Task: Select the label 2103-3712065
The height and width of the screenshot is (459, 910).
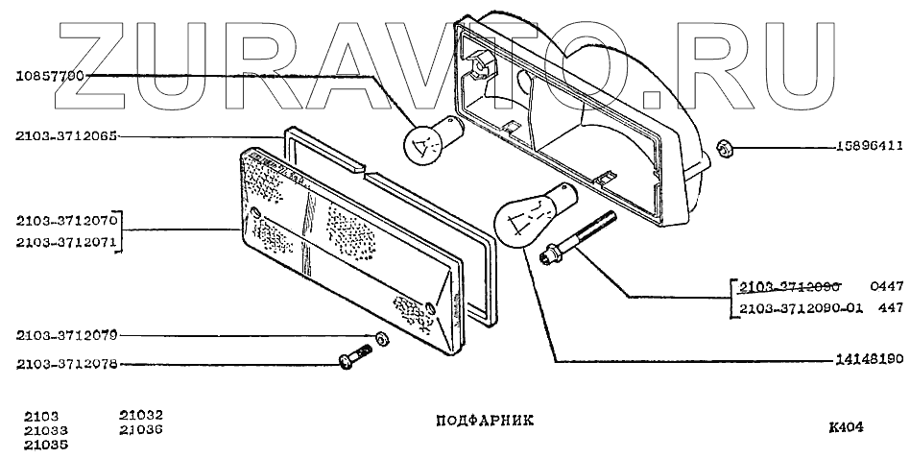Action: pyautogui.click(x=64, y=135)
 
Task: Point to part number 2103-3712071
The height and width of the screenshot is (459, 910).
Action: pyautogui.click(x=64, y=243)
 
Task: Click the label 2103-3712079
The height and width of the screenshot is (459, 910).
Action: pyautogui.click(x=64, y=336)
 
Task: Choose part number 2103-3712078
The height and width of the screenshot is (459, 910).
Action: pyautogui.click(x=64, y=364)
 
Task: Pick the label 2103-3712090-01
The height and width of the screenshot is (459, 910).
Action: pyautogui.click(x=802, y=308)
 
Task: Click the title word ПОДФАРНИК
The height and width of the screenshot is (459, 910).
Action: pyautogui.click(x=478, y=420)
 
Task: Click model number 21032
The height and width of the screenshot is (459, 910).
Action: pyautogui.click(x=139, y=415)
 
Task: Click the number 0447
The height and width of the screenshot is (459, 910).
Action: pyautogui.click(x=888, y=286)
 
